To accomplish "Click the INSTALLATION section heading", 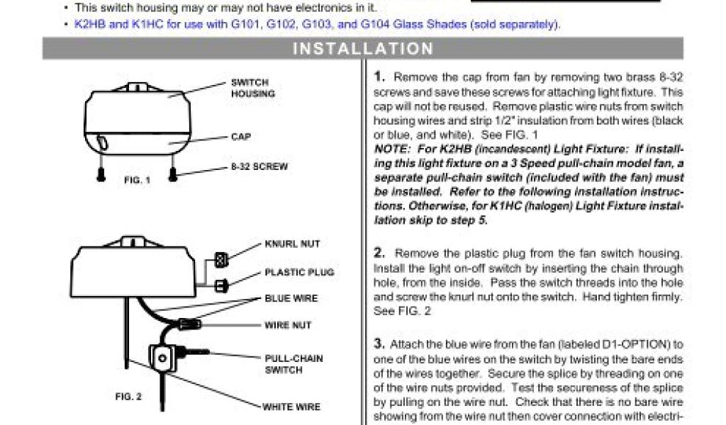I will click(363, 49).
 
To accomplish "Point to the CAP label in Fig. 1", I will click(240, 137).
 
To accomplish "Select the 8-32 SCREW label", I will click(259, 167).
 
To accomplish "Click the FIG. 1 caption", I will click(138, 181).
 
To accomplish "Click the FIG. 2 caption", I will click(128, 397).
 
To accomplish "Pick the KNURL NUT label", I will click(292, 244).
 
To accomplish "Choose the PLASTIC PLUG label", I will click(299, 272).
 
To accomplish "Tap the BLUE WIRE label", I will click(291, 299).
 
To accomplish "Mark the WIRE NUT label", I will click(288, 326).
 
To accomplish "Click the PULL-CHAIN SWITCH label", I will click(294, 364).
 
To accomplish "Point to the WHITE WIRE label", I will click(291, 407).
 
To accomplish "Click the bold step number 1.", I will click(379, 76).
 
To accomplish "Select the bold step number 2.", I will click(379, 253).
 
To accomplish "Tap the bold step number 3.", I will click(379, 344).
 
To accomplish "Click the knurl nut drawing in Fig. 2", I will click(220, 260).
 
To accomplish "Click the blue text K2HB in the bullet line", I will click(88, 24).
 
